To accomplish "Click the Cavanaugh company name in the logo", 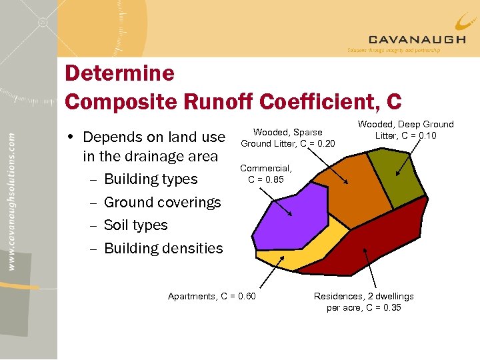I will point(417,39).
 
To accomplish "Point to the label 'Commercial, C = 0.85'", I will point(265,174).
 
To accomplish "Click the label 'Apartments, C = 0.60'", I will point(211,296).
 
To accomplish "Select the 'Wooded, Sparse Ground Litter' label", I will point(287,138).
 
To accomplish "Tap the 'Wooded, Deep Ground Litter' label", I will point(405,130).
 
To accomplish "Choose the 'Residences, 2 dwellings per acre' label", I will point(363,301).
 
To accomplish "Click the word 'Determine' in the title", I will point(119,73).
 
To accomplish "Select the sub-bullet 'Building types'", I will point(151,179).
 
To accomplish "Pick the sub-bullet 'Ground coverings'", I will point(162,202).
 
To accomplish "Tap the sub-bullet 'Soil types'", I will point(135,225).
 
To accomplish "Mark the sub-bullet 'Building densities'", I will point(163,248).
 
